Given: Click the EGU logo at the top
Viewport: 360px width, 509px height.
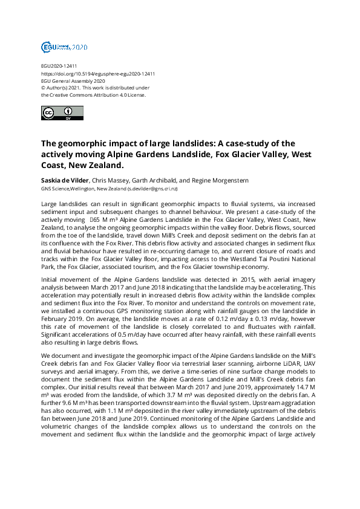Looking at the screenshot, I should point(64,47).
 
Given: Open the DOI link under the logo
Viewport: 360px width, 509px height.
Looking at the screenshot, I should point(97,74).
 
